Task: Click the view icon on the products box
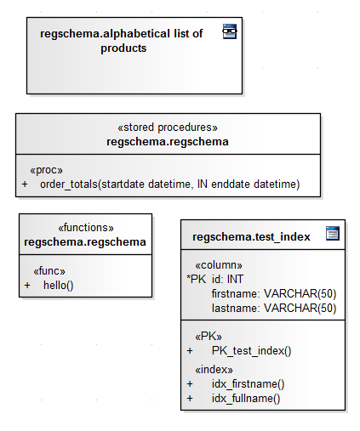pos(230,31)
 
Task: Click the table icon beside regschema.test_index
pos(333,233)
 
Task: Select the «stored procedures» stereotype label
pos(168,128)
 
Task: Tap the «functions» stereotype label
pos(86,228)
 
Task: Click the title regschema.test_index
pos(251,237)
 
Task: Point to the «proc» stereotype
pos(46,170)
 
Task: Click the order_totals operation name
pos(69,184)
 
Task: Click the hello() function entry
pos(59,286)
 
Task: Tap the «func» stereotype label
pos(49,271)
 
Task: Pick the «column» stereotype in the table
pos(219,265)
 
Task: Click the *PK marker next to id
pos(196,279)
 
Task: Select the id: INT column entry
pos(227,280)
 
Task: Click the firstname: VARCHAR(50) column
pos(274,294)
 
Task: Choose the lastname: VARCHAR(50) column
pos(274,309)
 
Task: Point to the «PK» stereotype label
pos(209,337)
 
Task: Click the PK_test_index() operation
pos(251,351)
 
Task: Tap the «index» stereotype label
pos(214,370)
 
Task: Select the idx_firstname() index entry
pos(248,384)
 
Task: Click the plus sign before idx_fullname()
pos(190,399)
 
